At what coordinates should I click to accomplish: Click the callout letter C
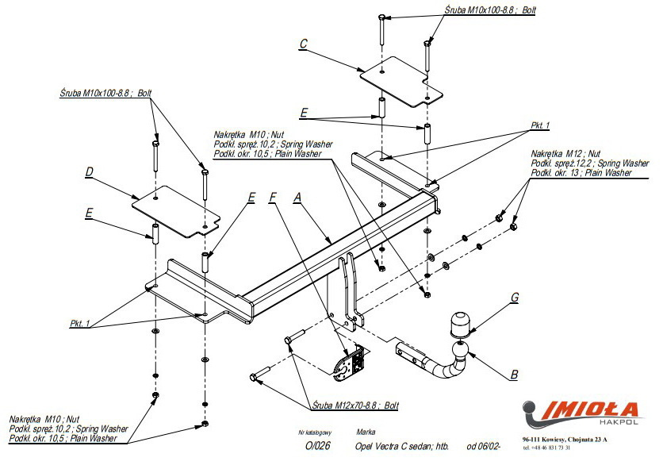coord(303,44)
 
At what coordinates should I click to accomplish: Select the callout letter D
coord(90,171)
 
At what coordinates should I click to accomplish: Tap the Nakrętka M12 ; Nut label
coord(566,152)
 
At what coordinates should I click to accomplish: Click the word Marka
coord(366,432)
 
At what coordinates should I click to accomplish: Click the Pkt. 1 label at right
coord(539,125)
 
